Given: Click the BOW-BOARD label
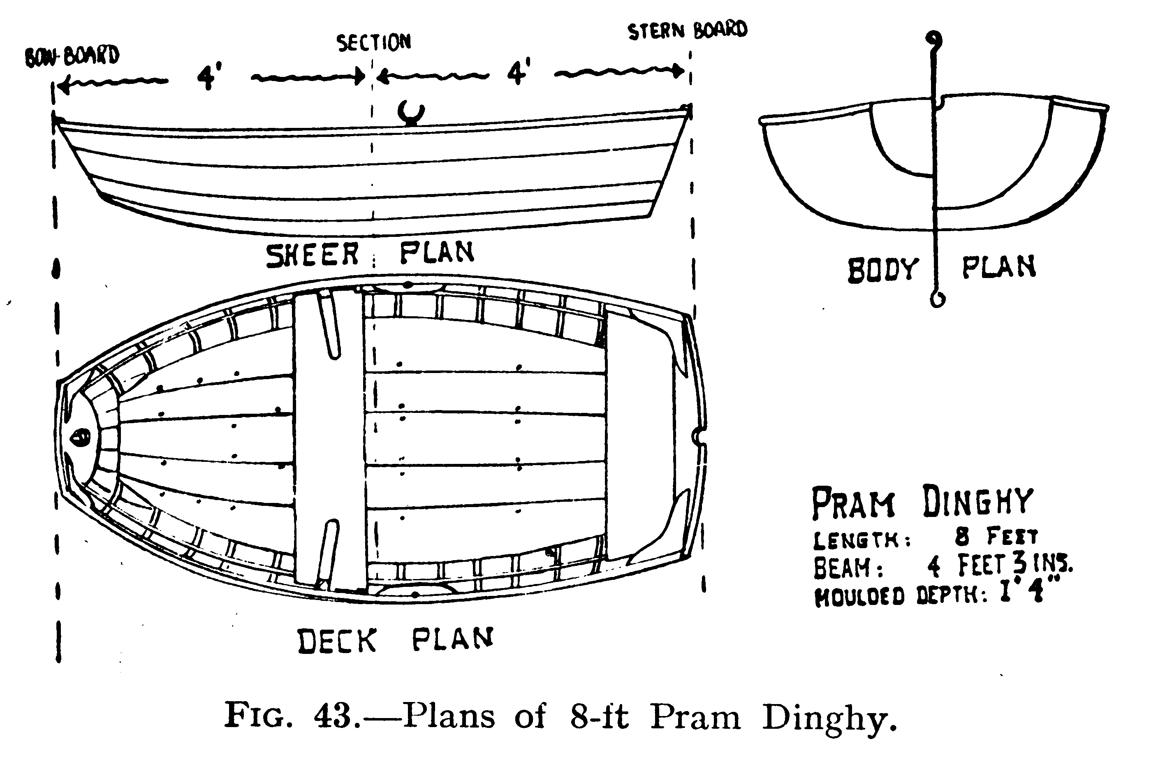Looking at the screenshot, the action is pyautogui.click(x=72, y=56).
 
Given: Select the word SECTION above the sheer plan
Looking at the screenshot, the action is pyautogui.click(x=374, y=43).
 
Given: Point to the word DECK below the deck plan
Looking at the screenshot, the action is pyautogui.click(x=337, y=641).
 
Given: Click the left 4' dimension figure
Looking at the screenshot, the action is pyautogui.click(x=209, y=76).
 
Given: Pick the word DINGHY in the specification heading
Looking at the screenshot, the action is pyautogui.click(x=977, y=502).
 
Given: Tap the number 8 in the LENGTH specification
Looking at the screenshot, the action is pyautogui.click(x=962, y=536).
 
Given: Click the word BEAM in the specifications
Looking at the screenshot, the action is pyautogui.click(x=848, y=567).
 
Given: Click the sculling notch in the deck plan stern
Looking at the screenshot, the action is pyautogui.click(x=698, y=436).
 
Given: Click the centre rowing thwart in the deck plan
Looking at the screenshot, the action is pyautogui.click(x=329, y=438).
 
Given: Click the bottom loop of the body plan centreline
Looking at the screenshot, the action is pyautogui.click(x=937, y=299).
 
